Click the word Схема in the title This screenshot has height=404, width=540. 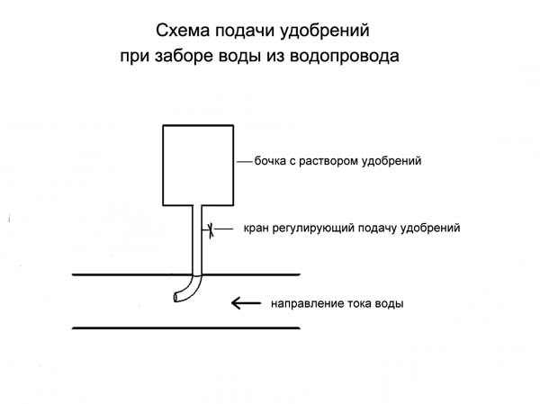click(x=183, y=31)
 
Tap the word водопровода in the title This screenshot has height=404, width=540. click(x=345, y=56)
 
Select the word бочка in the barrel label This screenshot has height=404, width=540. click(x=270, y=160)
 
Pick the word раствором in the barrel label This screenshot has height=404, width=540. click(x=328, y=162)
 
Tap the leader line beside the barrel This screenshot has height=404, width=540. click(x=245, y=161)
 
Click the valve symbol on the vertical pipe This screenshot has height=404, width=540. click(x=211, y=230)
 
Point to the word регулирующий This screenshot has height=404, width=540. click(x=313, y=229)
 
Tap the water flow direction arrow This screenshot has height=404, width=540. click(x=246, y=303)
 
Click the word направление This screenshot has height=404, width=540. click(x=307, y=304)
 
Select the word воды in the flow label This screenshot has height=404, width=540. click(x=389, y=304)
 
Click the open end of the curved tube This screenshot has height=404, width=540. click(x=176, y=297)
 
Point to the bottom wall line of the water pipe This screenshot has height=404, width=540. click(x=186, y=328)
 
